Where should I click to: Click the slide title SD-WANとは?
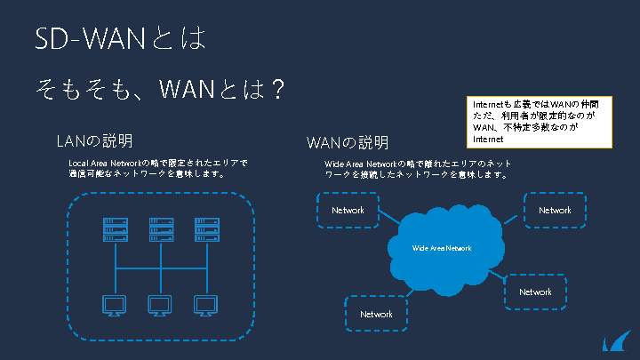click(120, 37)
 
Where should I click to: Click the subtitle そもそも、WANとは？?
click(160, 89)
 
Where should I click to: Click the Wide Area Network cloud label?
click(442, 248)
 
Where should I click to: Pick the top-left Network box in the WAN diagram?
click(348, 211)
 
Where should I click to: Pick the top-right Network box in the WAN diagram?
click(554, 211)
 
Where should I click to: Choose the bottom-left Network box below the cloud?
click(376, 314)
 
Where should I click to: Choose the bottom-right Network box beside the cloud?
click(535, 292)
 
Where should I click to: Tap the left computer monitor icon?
click(115, 305)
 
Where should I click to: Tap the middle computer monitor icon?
click(161, 305)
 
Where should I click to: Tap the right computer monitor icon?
click(207, 305)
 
